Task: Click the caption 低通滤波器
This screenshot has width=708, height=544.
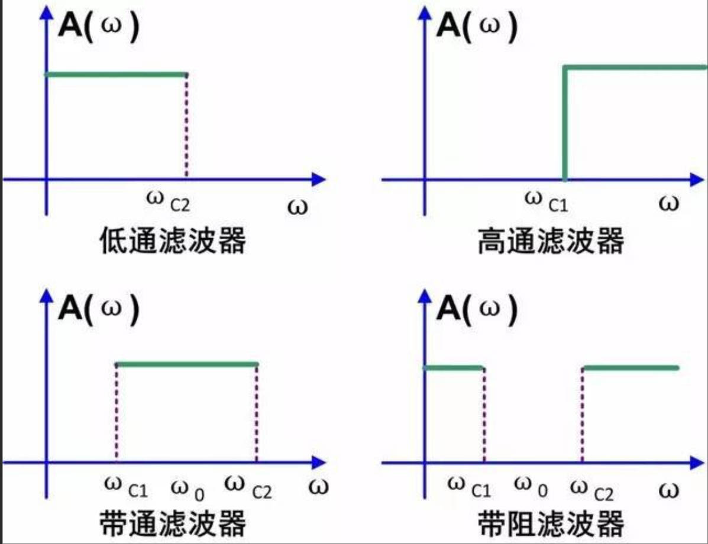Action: [173, 240]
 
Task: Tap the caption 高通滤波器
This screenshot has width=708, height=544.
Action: [551, 240]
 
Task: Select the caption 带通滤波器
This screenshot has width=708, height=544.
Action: [173, 523]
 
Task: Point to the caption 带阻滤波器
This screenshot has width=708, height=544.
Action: [551, 523]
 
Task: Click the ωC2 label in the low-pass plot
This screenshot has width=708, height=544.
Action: [168, 201]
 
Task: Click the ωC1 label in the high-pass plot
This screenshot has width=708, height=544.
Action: [547, 201]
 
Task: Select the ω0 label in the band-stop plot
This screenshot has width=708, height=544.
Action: [531, 487]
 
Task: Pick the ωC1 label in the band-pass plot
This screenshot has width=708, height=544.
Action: [125, 487]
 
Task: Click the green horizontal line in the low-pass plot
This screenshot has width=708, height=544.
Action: [116, 74]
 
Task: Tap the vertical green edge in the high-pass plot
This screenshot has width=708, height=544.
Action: [565, 123]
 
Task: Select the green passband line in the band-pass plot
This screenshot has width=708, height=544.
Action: [187, 364]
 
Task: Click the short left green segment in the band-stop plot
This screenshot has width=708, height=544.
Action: [454, 368]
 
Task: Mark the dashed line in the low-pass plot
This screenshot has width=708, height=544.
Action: [186, 126]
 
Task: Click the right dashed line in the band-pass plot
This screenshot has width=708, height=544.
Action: [257, 413]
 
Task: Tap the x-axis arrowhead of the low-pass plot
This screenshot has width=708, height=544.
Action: [319, 180]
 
